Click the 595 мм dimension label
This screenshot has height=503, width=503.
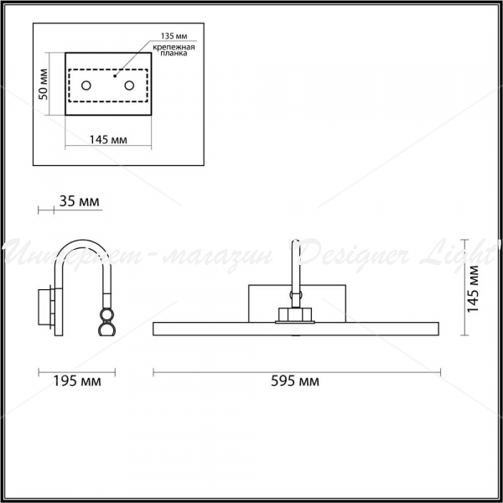coord(295,381)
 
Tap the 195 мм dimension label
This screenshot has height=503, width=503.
coord(76,381)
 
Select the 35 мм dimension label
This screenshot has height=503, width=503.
coord(80,201)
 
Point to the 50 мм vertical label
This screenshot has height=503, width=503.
coord(44,84)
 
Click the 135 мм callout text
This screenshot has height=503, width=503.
coord(174,36)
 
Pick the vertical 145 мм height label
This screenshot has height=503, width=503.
coord(473,288)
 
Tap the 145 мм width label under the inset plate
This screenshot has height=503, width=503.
coord(108,140)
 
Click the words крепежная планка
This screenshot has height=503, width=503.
coord(174,50)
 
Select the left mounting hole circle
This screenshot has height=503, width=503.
coord(86,86)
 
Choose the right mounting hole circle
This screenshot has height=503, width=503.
coord(129,86)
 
